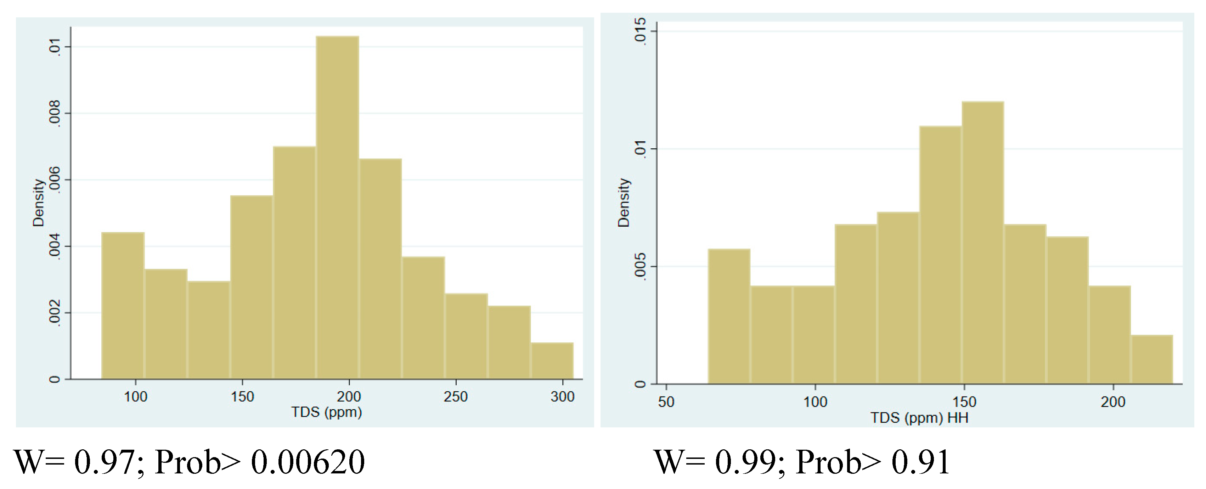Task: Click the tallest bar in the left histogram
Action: click(x=337, y=206)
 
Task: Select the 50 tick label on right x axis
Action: click(x=666, y=402)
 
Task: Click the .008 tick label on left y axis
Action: click(x=54, y=113)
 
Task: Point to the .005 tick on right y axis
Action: click(x=639, y=266)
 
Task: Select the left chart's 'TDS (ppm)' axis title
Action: click(x=326, y=412)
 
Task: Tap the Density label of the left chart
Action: click(x=38, y=203)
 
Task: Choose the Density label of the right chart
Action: click(x=623, y=203)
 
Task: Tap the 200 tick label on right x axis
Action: click(x=1112, y=402)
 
